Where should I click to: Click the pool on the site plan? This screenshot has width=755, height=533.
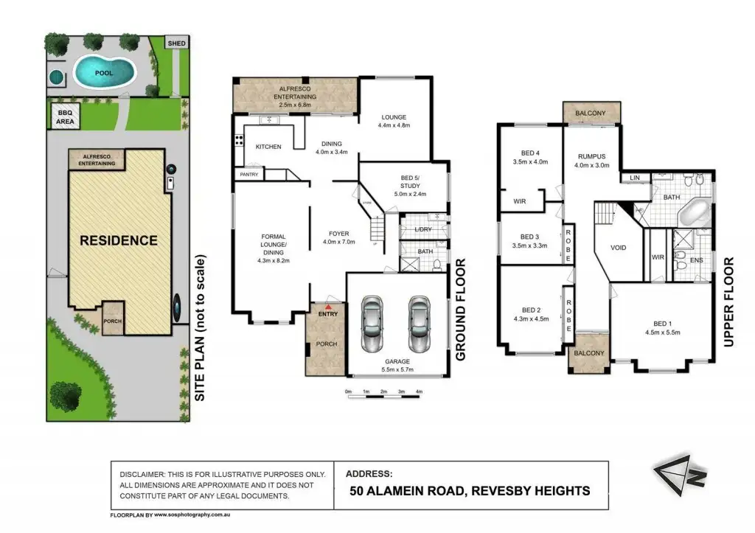104,72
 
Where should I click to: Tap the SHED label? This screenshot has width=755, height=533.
177,43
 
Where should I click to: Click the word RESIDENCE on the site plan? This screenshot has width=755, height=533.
119,240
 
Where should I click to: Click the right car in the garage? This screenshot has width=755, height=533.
419,324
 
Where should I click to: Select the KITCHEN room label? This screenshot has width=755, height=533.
268,147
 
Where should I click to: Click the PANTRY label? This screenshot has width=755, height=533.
248,175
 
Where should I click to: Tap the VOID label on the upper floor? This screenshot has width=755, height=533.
619,248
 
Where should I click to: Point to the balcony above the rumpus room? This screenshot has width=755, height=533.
591,114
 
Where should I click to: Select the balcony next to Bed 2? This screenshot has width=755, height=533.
590,352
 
